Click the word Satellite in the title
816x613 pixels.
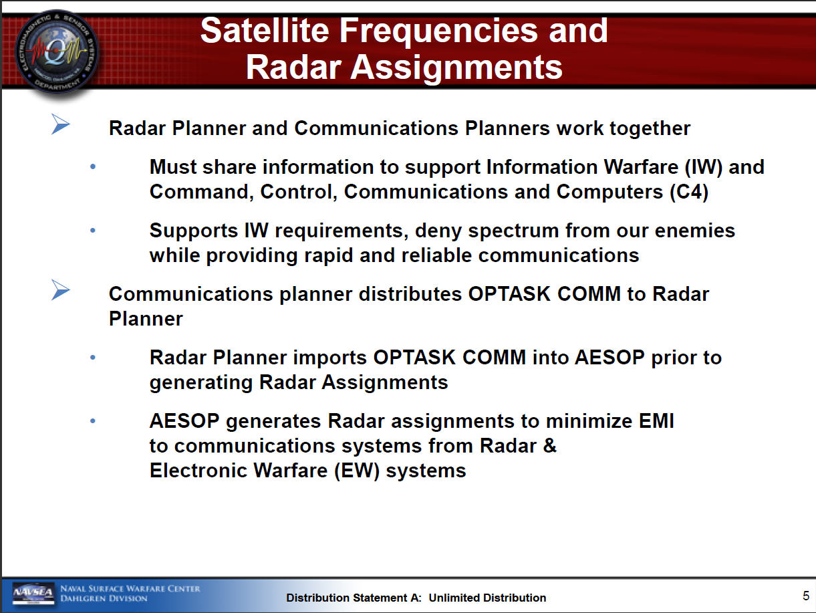pos(265,31)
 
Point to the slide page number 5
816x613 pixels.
pos(805,596)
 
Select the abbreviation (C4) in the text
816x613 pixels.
pos(689,193)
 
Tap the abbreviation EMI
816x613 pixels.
pos(656,421)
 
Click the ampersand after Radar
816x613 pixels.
pos(550,445)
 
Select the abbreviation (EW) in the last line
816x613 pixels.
pos(357,471)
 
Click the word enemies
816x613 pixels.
pos(695,231)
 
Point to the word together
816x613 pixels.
pos(650,129)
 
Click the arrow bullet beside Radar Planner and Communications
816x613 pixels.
pos(60,124)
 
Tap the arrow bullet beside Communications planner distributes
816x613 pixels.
pos(60,289)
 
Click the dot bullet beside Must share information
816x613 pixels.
pos(93,166)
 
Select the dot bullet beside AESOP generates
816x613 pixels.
pos(93,420)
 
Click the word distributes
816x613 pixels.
pos(408,294)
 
